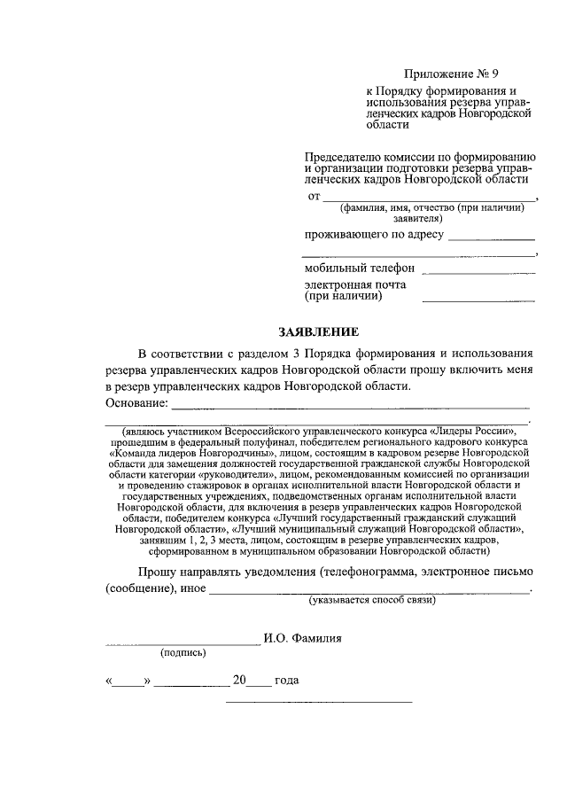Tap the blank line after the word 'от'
[x=429, y=199]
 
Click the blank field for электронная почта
[x=478, y=301]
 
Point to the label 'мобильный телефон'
[x=360, y=269]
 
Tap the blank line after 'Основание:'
[x=350, y=409]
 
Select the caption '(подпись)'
[x=183, y=653]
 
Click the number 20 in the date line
[x=238, y=681]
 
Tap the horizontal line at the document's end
[x=319, y=703]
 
